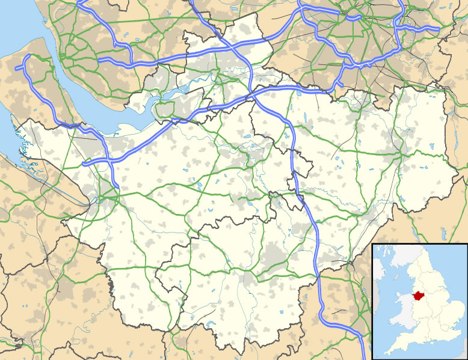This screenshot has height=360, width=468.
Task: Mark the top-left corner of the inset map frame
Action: [x=373, y=243]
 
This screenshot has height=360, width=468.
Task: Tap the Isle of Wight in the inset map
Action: [x=428, y=349]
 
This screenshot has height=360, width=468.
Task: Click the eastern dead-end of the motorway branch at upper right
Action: [x=440, y=28]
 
